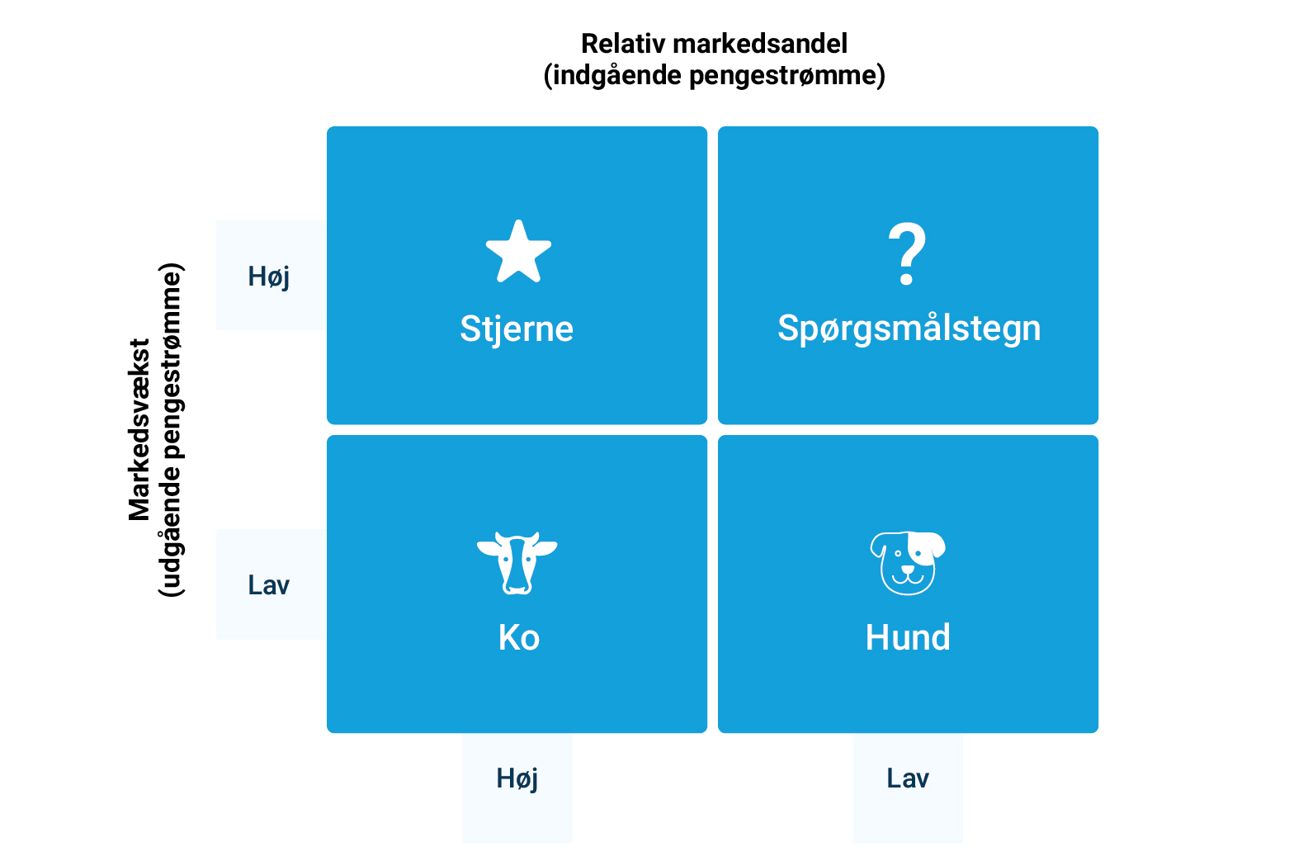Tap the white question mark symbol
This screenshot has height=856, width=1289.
point(907,253)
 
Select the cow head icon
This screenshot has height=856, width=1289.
point(517,563)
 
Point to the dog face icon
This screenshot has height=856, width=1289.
point(908,563)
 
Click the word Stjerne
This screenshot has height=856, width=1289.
point(517,329)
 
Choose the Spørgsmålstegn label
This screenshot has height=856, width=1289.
point(909,329)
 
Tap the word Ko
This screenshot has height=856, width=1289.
point(518,638)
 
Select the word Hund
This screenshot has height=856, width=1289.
point(908,638)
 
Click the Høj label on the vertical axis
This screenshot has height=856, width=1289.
point(269,277)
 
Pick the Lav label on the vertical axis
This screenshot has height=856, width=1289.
point(269,585)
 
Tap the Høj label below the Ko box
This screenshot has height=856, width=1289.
point(517,779)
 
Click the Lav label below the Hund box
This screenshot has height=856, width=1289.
point(908,778)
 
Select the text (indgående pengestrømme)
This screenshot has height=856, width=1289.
point(714,76)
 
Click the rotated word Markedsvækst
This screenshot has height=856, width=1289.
point(139,430)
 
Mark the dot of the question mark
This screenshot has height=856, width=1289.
point(907,279)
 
